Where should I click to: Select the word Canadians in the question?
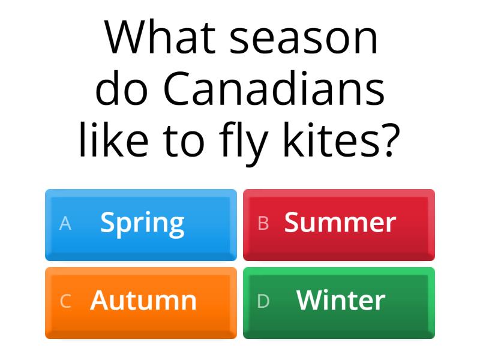pos(274,90)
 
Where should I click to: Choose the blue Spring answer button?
pos(141,224)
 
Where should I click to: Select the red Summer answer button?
pos(339,224)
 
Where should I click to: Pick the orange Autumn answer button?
pos(141,302)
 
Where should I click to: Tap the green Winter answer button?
pos(339,302)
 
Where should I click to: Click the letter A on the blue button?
pos(65,223)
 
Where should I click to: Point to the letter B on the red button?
pos(263,223)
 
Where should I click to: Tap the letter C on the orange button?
pos(65,301)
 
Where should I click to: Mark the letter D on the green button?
pos(263,301)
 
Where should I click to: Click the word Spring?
pos(142,223)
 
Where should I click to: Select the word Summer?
pos(340,223)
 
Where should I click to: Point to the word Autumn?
pos(143,301)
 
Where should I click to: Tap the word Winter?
pos(340,301)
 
